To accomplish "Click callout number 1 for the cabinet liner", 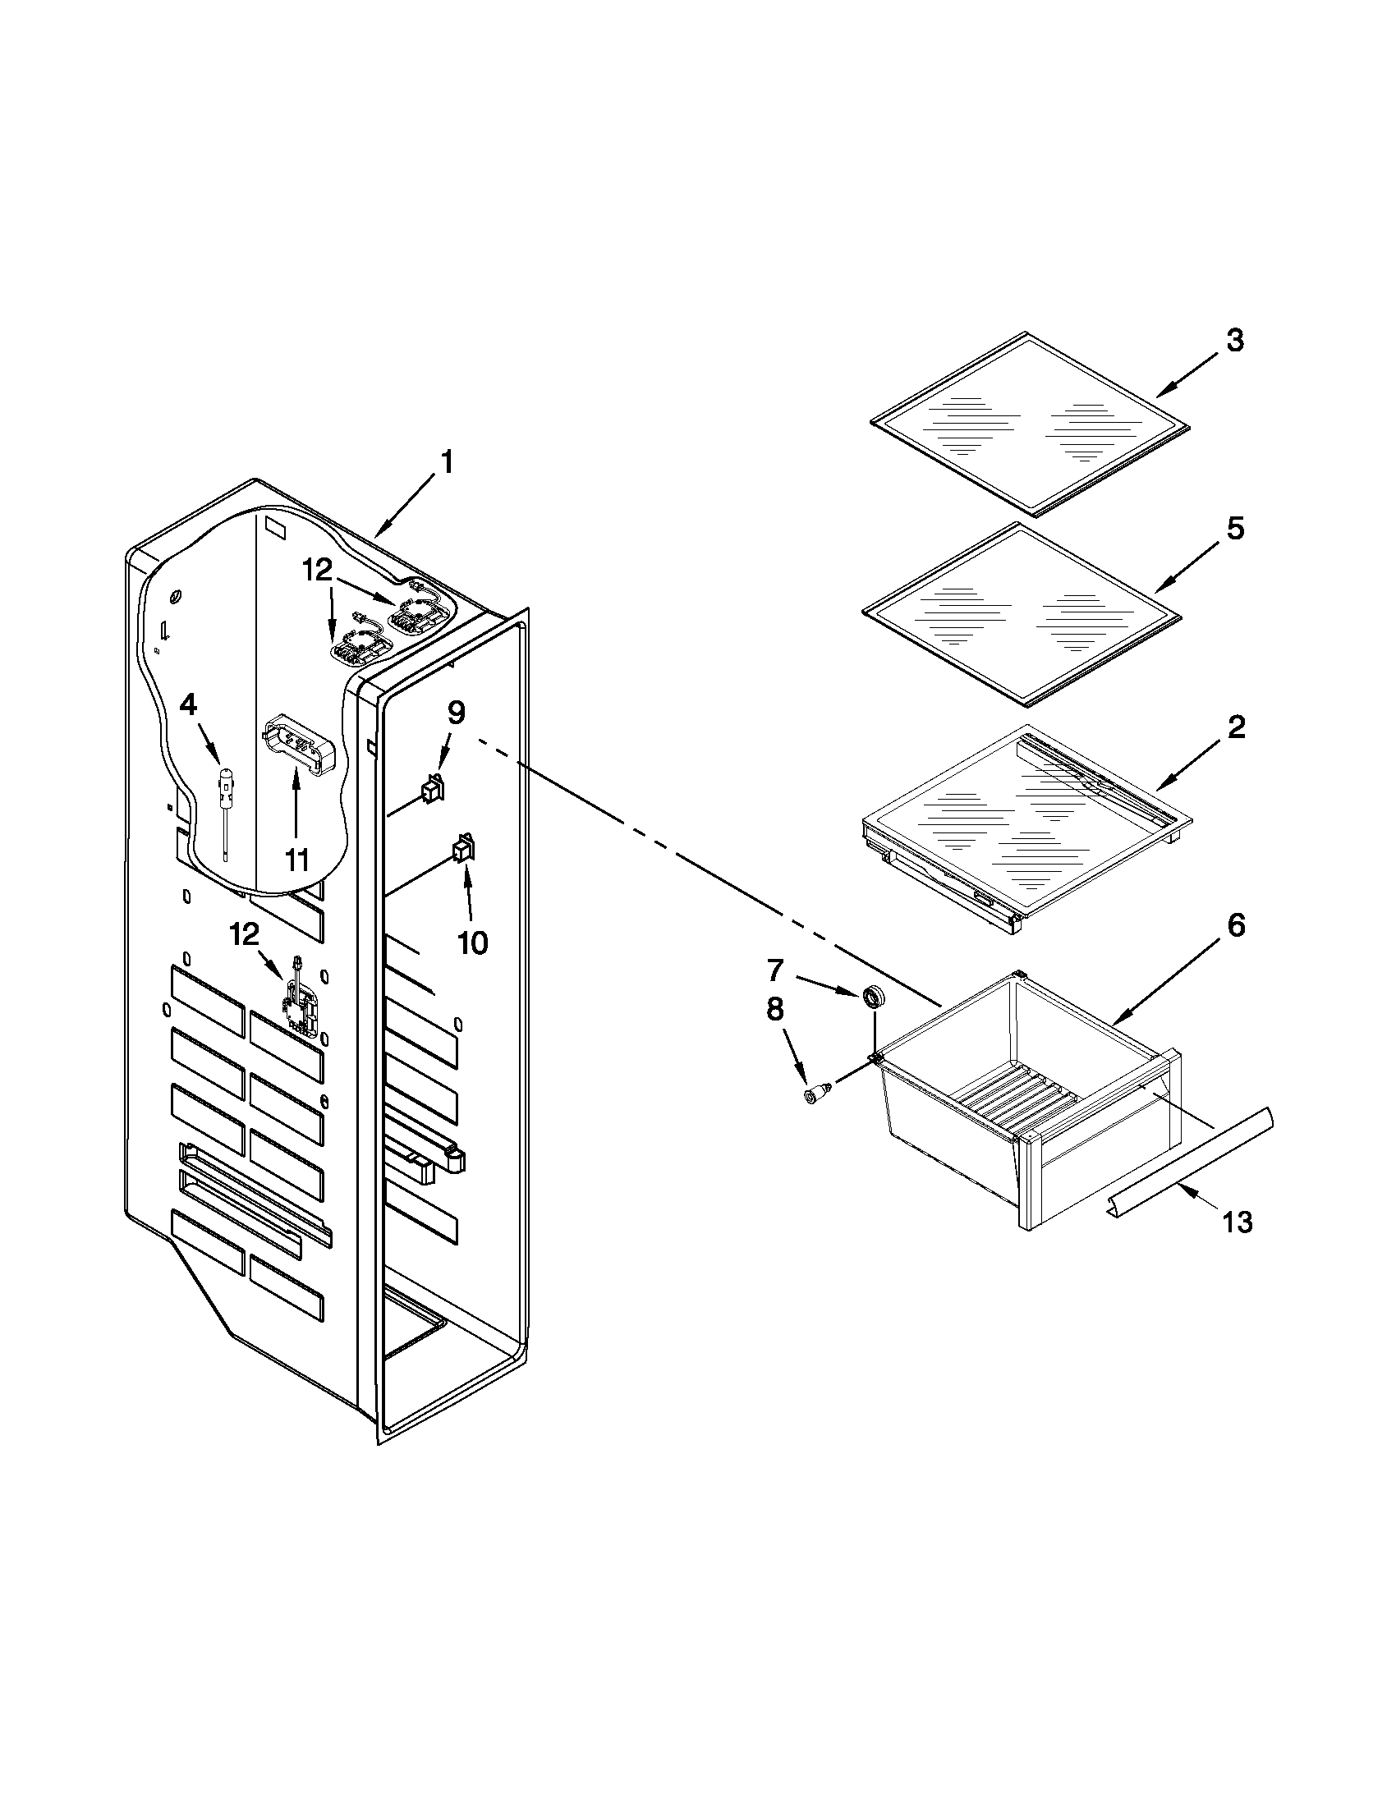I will [446, 462].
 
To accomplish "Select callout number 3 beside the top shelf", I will [1233, 340].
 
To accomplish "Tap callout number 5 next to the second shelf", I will [1233, 528].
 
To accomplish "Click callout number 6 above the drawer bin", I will [1234, 925].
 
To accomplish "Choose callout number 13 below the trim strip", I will [1238, 1222].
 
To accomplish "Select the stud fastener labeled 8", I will [814, 1096].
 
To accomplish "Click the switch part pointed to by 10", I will [461, 849].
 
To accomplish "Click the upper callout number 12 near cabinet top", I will [317, 569].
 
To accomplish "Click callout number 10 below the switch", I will [472, 942].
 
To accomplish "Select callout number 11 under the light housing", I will [296, 860].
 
